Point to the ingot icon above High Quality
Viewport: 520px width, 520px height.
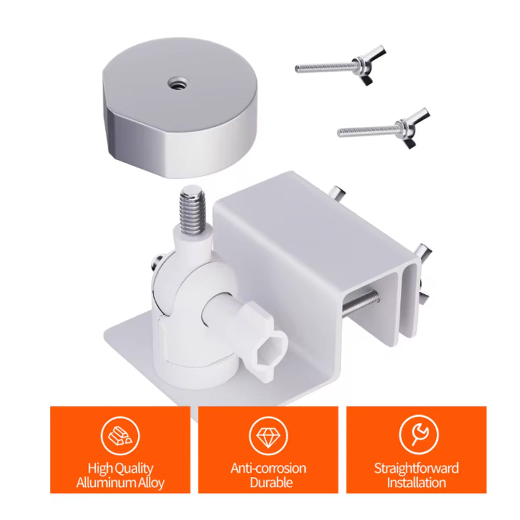coord(120,435)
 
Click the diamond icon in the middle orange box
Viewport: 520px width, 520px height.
coord(268,435)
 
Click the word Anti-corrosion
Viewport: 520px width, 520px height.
coord(268,469)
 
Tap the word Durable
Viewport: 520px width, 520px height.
coord(271,483)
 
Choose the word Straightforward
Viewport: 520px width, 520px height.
coord(416,469)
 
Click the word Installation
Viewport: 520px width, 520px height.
coord(416,483)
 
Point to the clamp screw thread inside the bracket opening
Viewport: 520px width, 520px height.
coord(360,302)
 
